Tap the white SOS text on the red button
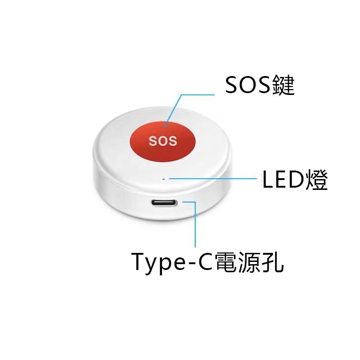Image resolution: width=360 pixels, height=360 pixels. pos(162,141)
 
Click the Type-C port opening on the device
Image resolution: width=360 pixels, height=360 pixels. pos(164,203)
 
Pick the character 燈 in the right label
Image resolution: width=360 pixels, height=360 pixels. pos(316,180)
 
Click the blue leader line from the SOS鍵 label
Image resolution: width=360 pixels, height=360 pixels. pos(198,95)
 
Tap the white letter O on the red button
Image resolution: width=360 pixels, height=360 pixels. pos(162,141)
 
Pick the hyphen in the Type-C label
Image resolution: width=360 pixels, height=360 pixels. pos(190,264)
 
